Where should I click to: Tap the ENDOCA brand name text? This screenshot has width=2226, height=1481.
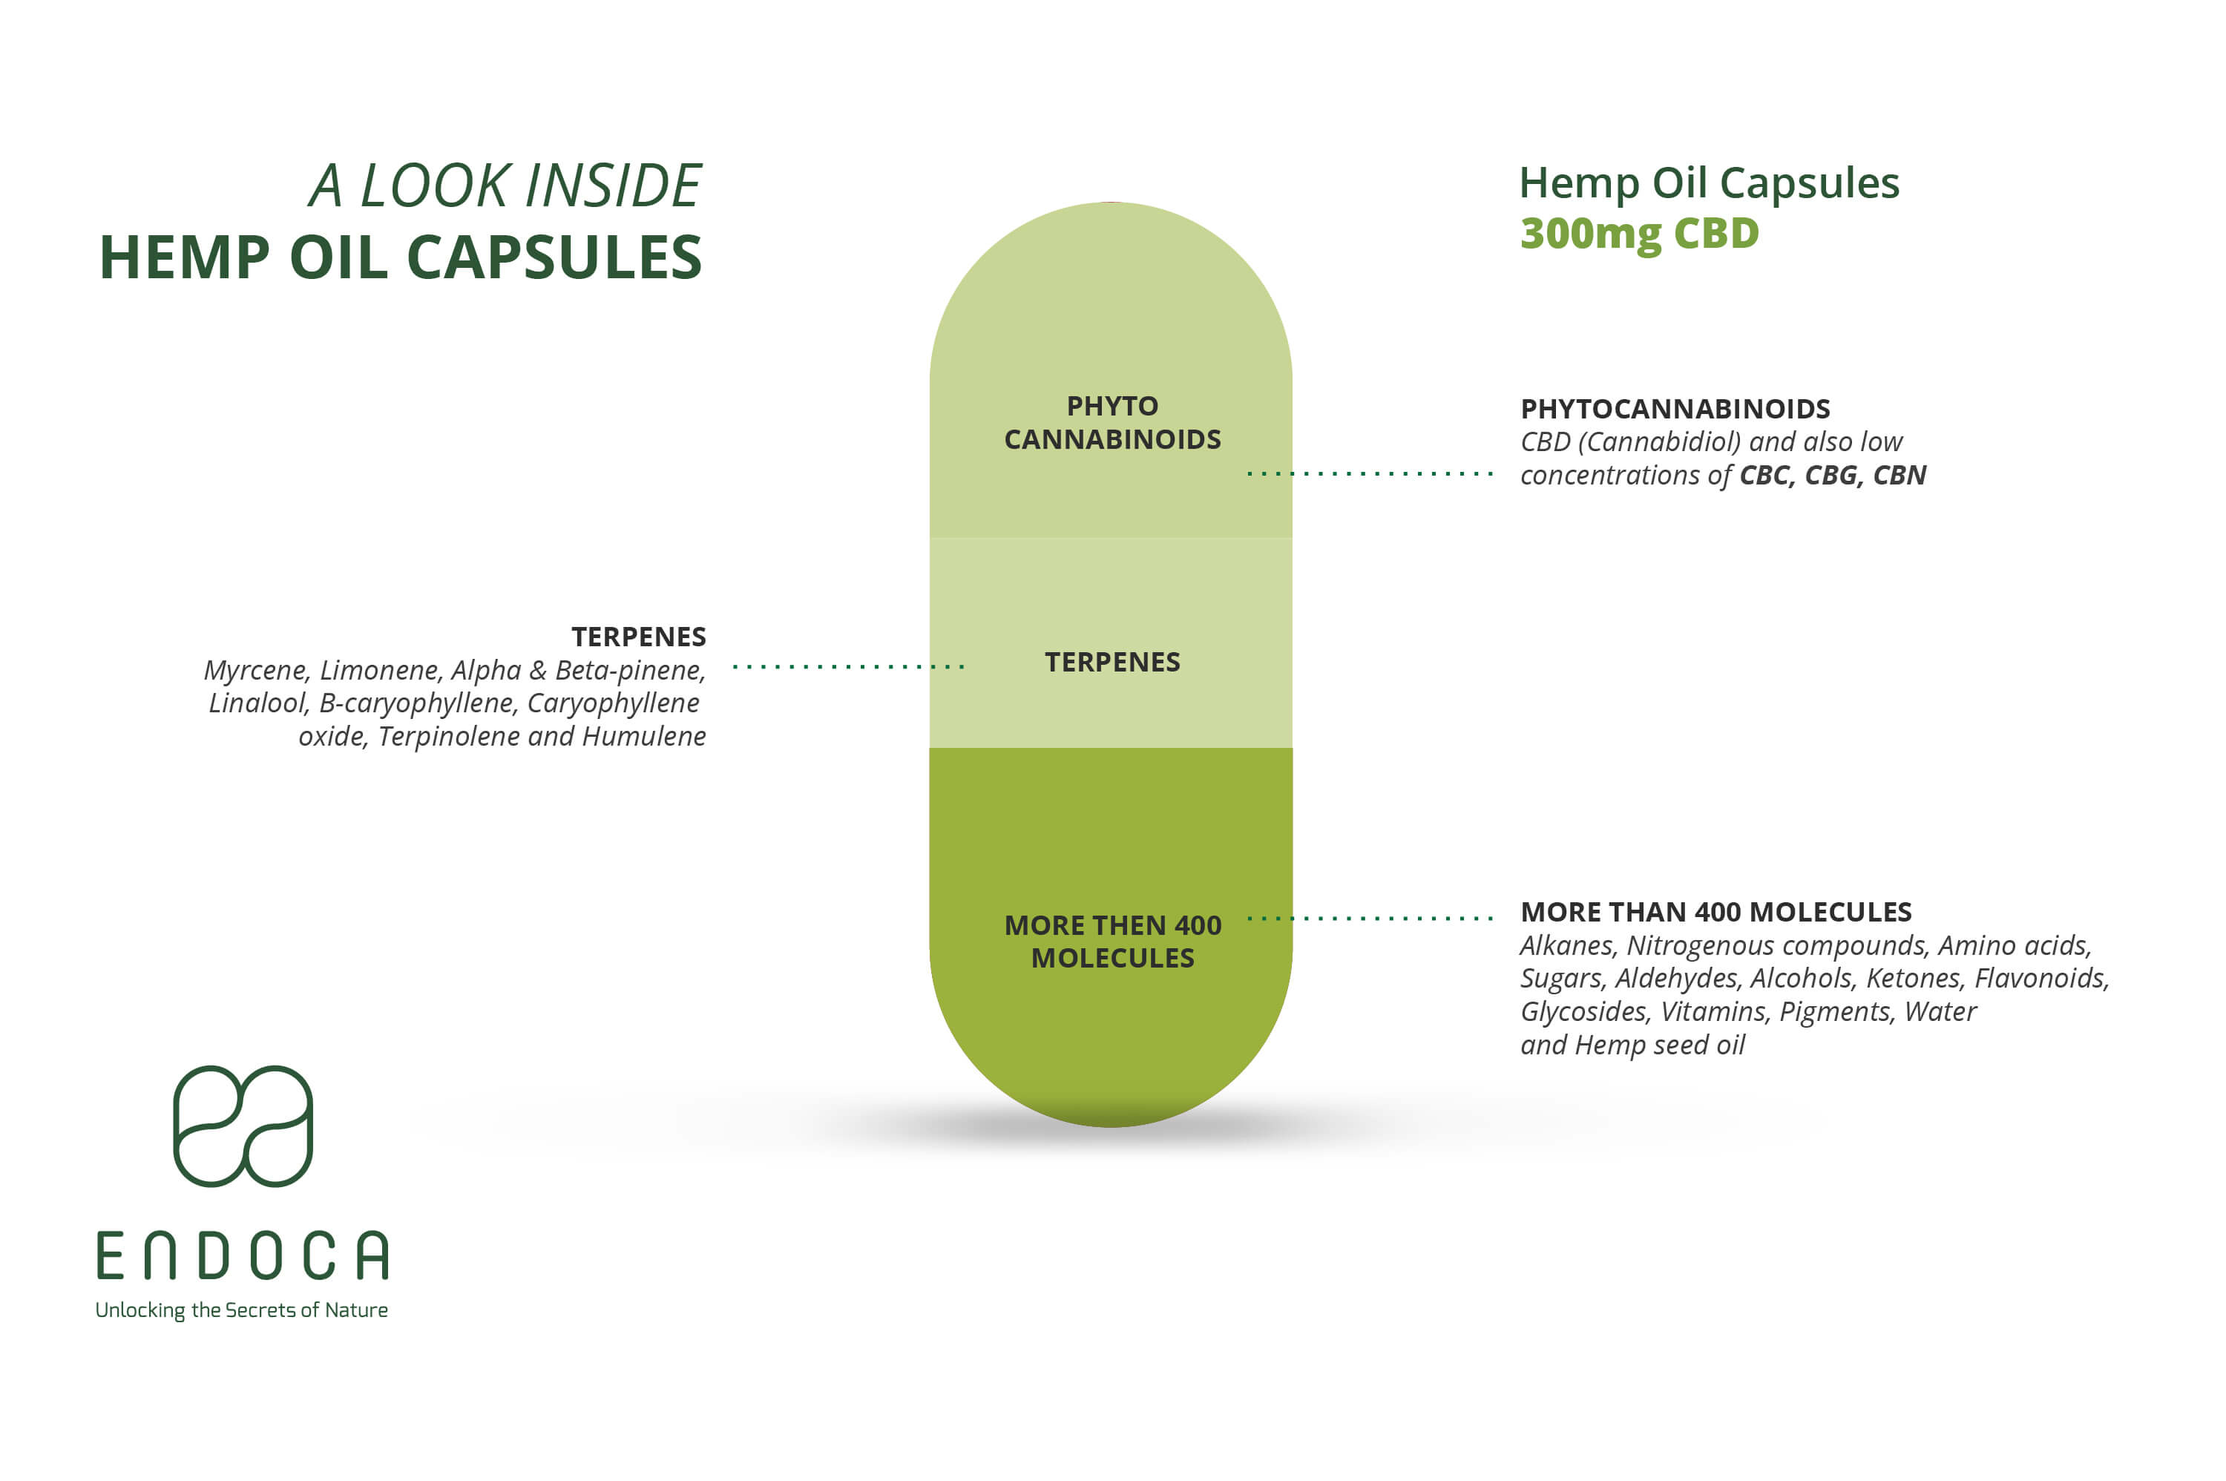[243, 1255]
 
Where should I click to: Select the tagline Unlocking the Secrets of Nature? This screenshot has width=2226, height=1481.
[242, 1310]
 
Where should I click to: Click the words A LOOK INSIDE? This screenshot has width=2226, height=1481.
[505, 185]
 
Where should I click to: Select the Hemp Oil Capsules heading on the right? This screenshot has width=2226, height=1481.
[1710, 183]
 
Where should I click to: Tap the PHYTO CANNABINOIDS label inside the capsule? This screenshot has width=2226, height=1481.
[1112, 422]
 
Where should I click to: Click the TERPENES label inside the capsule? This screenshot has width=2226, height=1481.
[1112, 662]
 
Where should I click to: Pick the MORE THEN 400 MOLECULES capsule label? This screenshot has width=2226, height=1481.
[1112, 942]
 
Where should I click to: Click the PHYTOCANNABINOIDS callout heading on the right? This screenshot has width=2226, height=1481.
[1675, 409]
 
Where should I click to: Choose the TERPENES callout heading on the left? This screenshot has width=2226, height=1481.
[638, 637]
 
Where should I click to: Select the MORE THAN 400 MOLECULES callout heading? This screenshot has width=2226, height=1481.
[1716, 913]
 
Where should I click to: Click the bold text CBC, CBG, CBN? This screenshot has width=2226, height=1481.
[1832, 475]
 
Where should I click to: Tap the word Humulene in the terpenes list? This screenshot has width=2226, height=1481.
[644, 737]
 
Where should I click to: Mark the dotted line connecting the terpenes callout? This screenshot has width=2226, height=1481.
[848, 667]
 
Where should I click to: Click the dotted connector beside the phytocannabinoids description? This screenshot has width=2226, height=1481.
[1370, 473]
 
